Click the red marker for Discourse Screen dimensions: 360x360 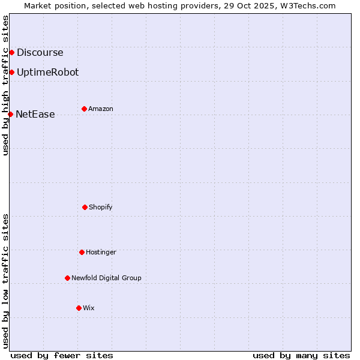pyautogui.click(x=11, y=52)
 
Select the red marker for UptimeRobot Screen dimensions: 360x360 pyautogui.click(x=11, y=72)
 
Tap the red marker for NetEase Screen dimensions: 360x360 pyautogui.click(x=10, y=114)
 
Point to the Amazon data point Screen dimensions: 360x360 pyautogui.click(x=84, y=109)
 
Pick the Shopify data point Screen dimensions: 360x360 pyautogui.click(x=85, y=207)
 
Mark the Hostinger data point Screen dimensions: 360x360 pyautogui.click(x=82, y=252)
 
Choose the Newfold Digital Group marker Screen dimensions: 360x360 pyautogui.click(x=67, y=278)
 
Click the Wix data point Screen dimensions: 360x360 pyautogui.click(x=79, y=308)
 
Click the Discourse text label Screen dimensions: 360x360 pyautogui.click(x=40, y=52)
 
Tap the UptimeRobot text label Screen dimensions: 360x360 pyautogui.click(x=47, y=72)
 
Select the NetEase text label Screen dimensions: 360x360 pyautogui.click(x=35, y=114)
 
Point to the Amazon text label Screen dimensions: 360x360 pyautogui.click(x=101, y=109)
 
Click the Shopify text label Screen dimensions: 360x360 pyautogui.click(x=101, y=207)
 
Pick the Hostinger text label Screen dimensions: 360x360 pyautogui.click(x=101, y=252)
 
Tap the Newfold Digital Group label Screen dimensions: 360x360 pyautogui.click(x=106, y=278)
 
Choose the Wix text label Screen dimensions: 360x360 pyautogui.click(x=89, y=308)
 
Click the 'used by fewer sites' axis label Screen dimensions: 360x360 pyautogui.click(x=62, y=355)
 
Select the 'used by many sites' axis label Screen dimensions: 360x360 pyautogui.click(x=301, y=355)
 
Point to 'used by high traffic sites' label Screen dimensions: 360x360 pyautogui.click(x=5, y=85)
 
